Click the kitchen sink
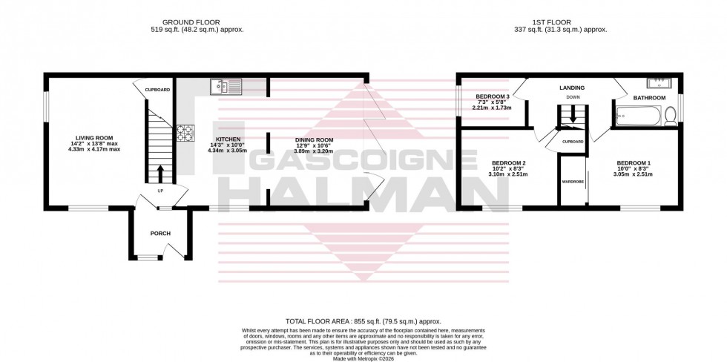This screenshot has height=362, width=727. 226,87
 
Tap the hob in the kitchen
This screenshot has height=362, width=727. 185,133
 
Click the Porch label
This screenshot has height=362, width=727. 160,234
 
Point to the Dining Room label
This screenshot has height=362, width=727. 315,139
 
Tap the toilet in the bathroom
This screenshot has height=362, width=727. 670,116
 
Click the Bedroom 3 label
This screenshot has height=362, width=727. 493,97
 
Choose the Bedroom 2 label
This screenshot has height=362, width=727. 509,163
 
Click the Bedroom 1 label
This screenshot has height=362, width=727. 634,163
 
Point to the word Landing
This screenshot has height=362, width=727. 572,88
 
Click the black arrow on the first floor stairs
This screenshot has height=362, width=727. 572,119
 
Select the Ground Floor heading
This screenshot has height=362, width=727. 197,22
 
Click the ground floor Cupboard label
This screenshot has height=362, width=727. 157,90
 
